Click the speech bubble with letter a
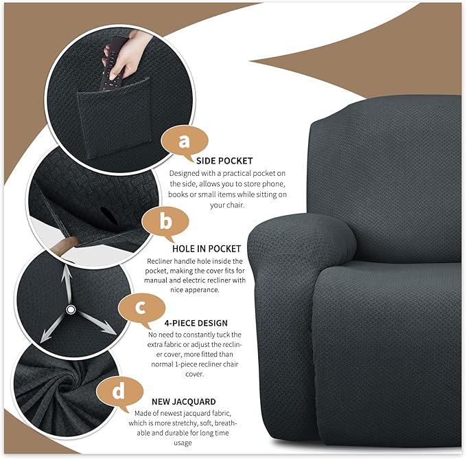[x=183, y=142]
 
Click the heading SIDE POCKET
[x=205, y=160]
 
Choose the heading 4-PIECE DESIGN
[x=196, y=323]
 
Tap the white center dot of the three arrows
[x=71, y=310]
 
